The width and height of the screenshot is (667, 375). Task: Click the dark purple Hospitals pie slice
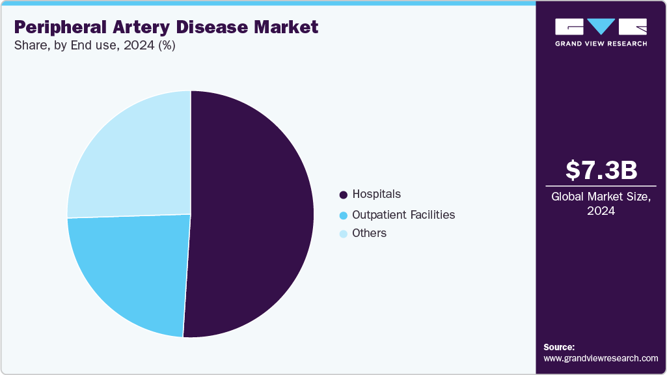(251, 215)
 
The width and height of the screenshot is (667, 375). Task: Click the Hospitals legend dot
(343, 195)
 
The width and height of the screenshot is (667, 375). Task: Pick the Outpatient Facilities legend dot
(343, 215)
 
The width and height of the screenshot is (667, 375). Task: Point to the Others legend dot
(343, 234)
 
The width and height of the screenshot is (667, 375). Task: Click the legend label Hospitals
(376, 194)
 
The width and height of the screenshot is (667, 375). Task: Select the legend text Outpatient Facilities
(403, 214)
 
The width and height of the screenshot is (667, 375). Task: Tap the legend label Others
(369, 233)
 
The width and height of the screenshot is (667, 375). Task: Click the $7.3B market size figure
(601, 171)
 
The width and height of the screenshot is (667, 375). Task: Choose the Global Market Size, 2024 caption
(601, 203)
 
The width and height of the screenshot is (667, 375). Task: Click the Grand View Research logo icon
(601, 27)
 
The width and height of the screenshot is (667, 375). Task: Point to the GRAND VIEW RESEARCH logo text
(601, 44)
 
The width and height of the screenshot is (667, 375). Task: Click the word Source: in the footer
(559, 347)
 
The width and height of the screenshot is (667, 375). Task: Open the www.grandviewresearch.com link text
(601, 358)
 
